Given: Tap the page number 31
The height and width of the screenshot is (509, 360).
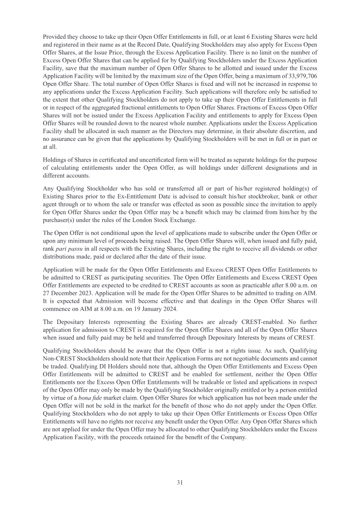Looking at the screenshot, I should click(x=180, y=482).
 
